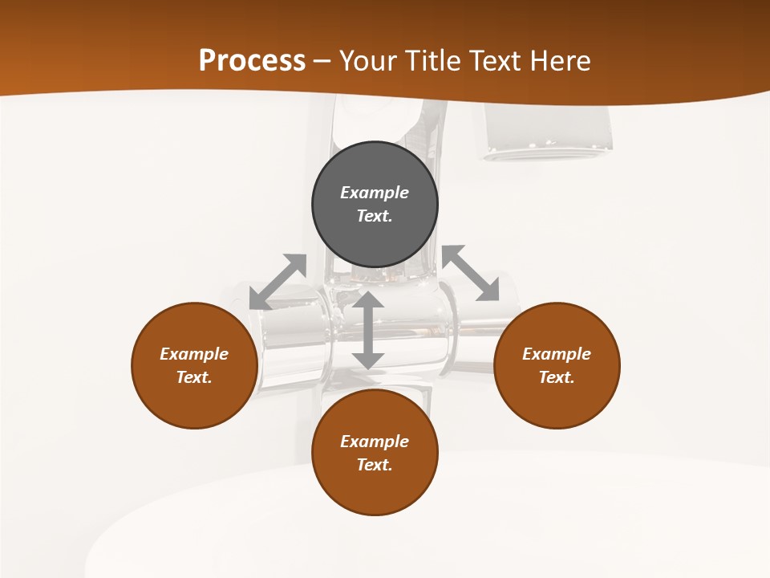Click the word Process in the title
[252, 61]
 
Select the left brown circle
[194, 401]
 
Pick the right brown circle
[557, 401]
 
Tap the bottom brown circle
[375, 490]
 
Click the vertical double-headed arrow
[368, 330]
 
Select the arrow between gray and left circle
[278, 281]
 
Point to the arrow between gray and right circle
[471, 274]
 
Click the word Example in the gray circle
[375, 193]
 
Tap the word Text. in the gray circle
[375, 216]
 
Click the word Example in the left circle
[194, 354]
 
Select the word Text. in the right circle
[557, 377]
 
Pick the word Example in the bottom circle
[375, 442]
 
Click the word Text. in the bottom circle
[375, 465]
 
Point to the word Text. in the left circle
[194, 377]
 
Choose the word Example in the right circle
[557, 354]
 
